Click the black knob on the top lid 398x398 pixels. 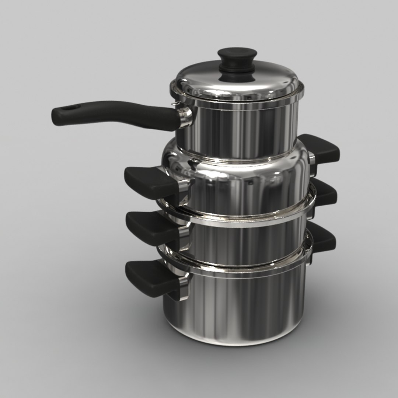(x=237, y=61)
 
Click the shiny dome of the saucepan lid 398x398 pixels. (x=258, y=81)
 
